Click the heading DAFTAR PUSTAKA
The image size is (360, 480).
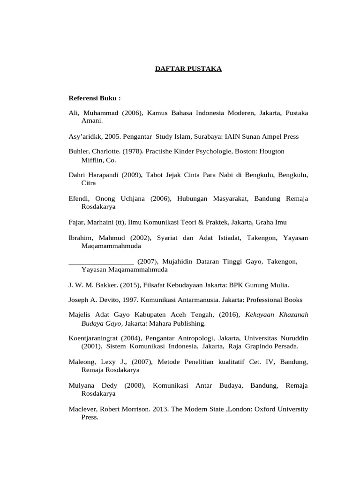188,69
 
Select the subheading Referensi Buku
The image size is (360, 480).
95,98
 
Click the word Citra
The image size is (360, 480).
89,183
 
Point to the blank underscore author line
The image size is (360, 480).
101,261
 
